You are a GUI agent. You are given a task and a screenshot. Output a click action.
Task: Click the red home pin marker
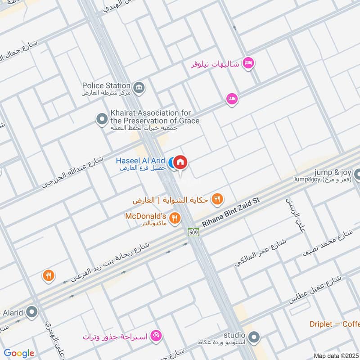[180, 162]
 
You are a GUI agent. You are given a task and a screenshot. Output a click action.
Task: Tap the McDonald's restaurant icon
[175, 218]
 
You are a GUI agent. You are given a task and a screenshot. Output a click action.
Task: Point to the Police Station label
[106, 85]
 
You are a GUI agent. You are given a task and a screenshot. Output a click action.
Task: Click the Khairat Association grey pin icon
[102, 119]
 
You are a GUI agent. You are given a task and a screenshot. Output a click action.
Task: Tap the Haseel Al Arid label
[140, 161]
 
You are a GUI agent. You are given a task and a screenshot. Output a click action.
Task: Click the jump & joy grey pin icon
[358, 174]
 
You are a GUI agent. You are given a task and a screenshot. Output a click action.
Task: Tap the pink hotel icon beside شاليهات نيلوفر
[248, 63]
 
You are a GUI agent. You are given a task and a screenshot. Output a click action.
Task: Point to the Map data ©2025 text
[336, 355]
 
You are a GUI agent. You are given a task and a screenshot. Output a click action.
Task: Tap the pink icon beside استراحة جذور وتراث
[157, 336]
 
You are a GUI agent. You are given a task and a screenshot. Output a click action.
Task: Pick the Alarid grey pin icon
[32, 311]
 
